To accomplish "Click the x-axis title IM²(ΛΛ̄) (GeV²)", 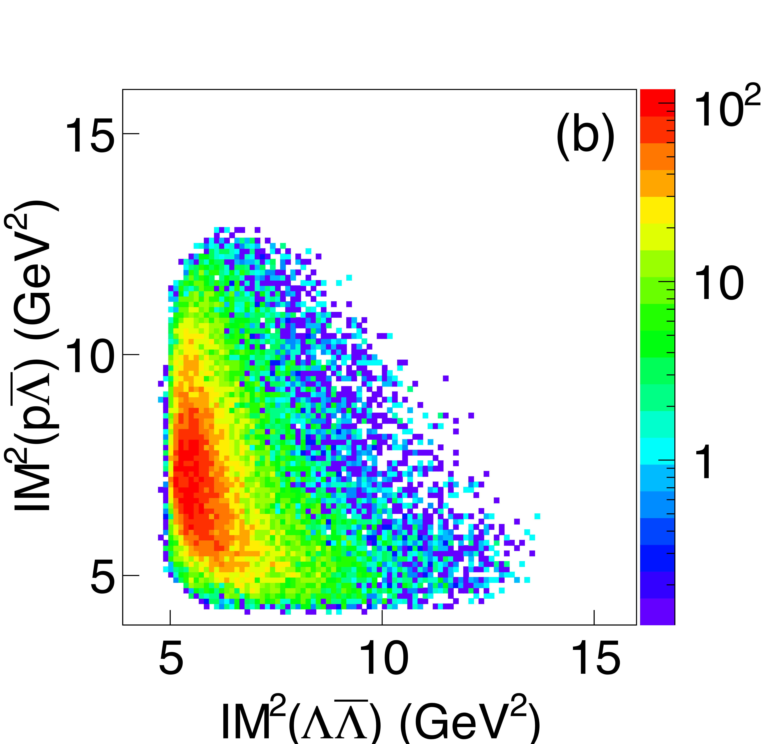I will tap(380, 720).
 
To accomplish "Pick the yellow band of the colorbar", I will tap(657, 209).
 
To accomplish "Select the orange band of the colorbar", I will tap(657, 157).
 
